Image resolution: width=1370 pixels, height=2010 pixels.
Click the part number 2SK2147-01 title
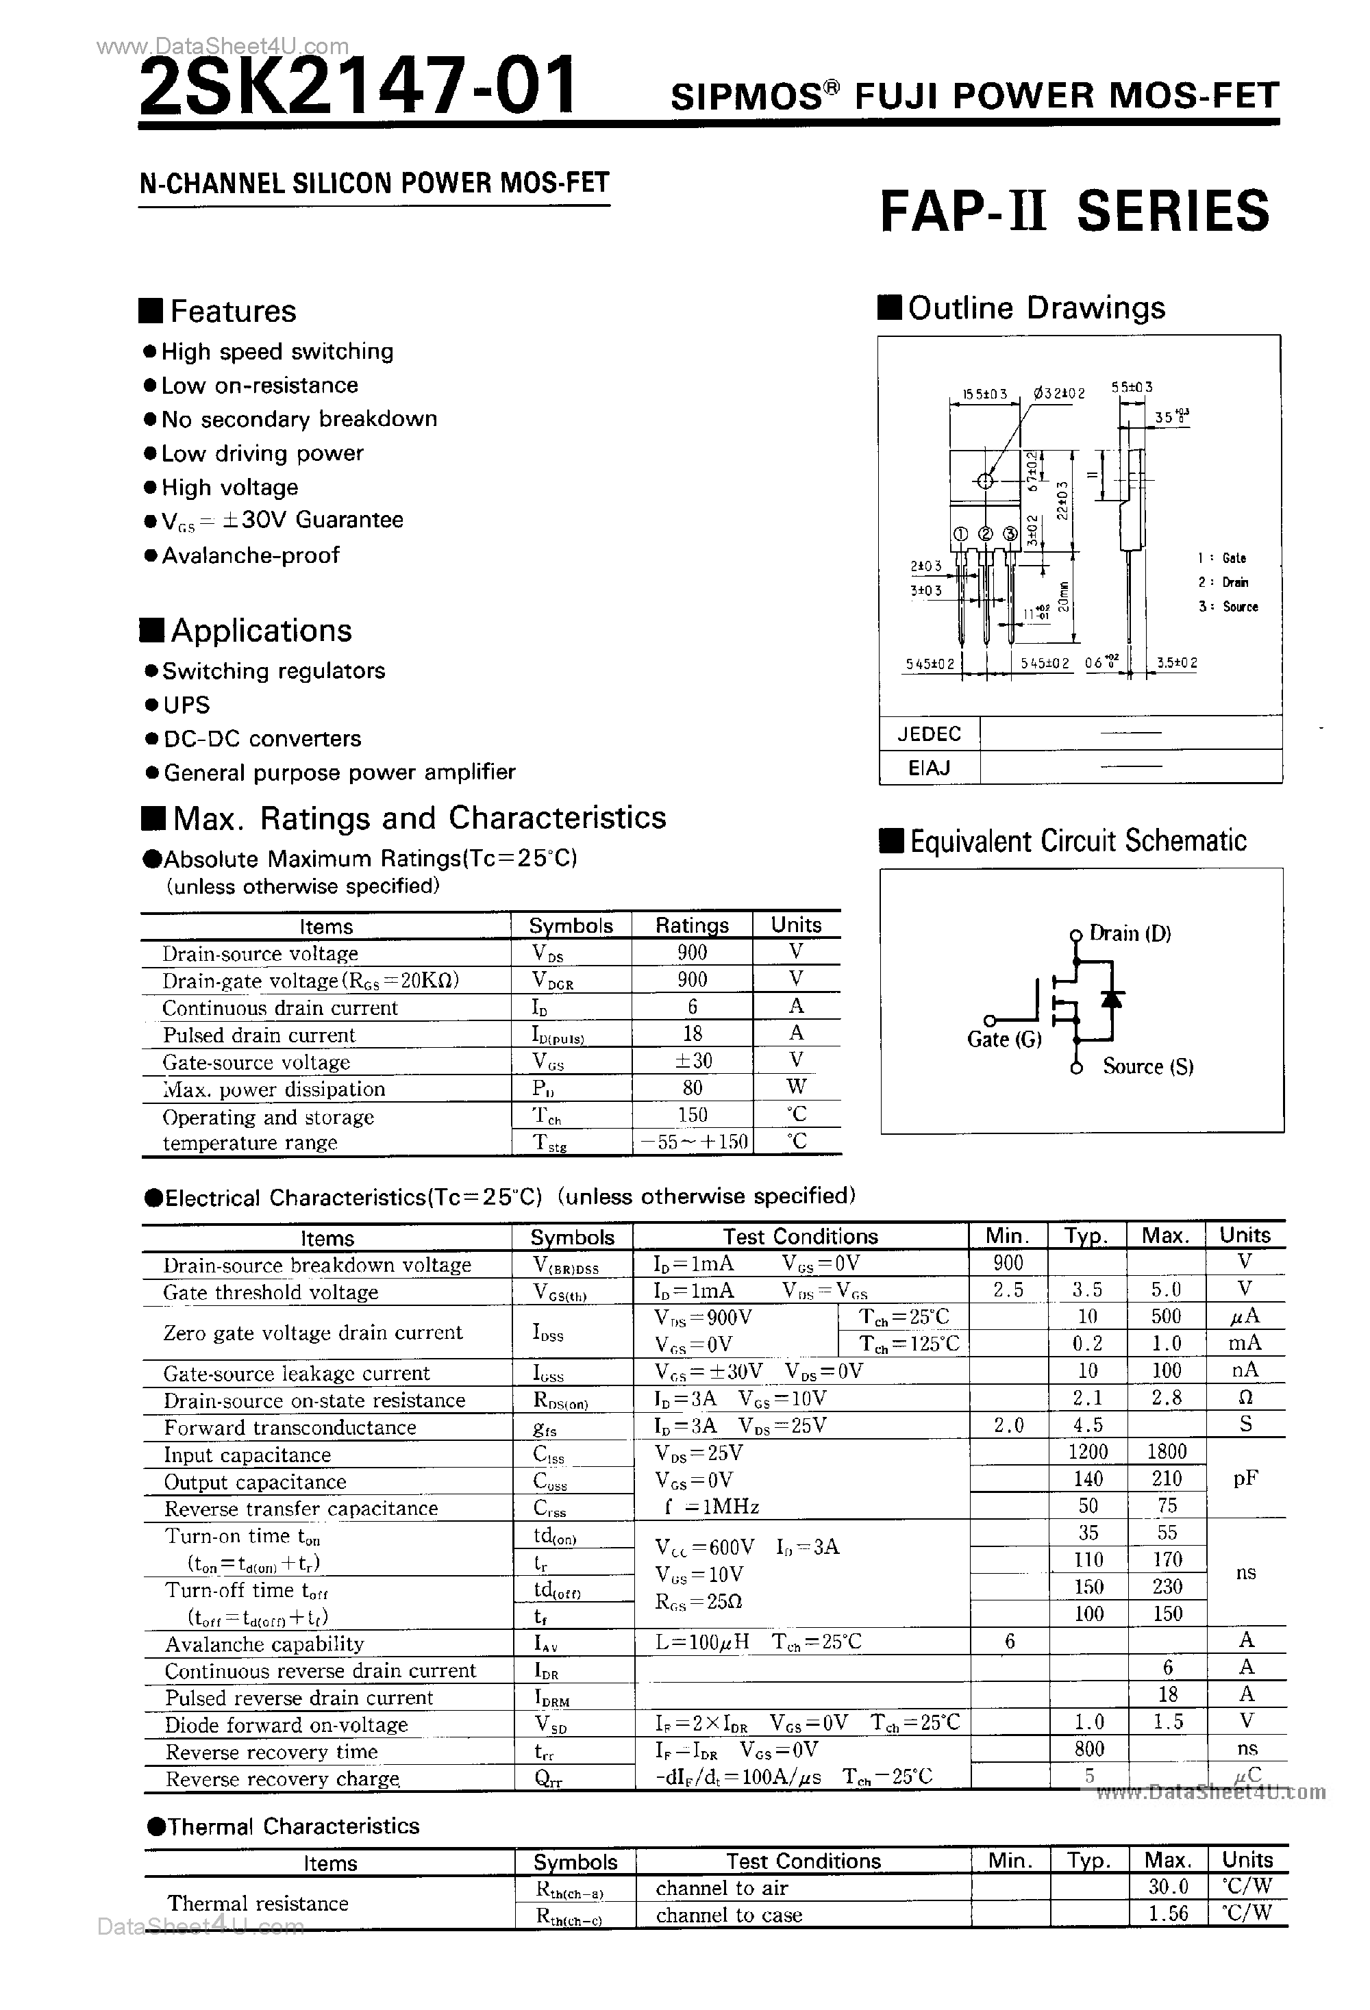[356, 86]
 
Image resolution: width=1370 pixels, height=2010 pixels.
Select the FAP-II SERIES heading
[1074, 211]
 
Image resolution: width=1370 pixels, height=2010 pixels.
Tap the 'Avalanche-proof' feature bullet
[250, 555]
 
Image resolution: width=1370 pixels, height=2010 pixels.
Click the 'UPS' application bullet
[186, 705]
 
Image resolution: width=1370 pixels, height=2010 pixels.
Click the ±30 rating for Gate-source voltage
[692, 1060]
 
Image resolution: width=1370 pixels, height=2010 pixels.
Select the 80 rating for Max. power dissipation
[692, 1088]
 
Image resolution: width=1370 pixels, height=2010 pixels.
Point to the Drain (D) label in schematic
[1130, 933]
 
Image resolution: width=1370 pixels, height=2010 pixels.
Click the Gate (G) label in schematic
[1004, 1040]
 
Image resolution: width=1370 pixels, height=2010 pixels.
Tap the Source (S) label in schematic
[1148, 1067]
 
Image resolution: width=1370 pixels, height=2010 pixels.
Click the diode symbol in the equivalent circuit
[1112, 999]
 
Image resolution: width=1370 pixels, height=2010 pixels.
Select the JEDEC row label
[930, 733]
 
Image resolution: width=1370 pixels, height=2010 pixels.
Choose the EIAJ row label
[930, 767]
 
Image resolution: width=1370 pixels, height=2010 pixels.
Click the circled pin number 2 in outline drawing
[985, 534]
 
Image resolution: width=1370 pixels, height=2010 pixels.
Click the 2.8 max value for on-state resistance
[1166, 1398]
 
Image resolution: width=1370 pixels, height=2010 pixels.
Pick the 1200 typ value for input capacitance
[1087, 1451]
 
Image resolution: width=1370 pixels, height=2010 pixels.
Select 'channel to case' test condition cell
[729, 1915]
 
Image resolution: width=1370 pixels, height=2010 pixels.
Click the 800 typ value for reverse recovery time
[1089, 1749]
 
